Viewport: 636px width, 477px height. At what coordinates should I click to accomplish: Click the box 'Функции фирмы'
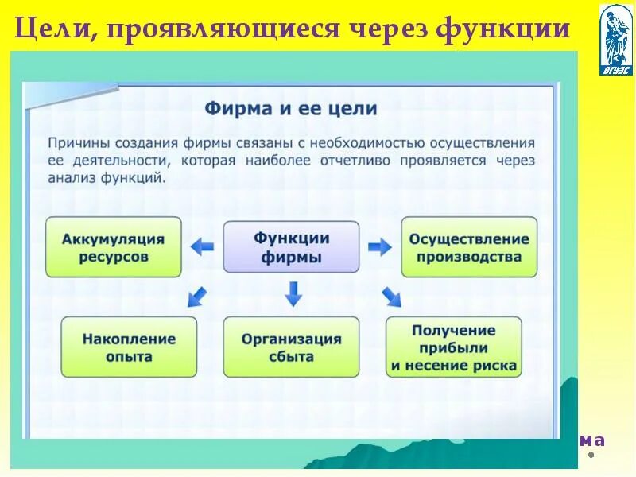291,248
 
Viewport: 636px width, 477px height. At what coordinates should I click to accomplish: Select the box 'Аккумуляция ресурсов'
113,248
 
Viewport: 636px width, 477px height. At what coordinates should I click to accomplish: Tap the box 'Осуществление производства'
468,248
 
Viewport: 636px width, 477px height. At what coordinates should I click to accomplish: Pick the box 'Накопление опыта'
129,347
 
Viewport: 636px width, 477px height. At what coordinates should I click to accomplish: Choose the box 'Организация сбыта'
291,347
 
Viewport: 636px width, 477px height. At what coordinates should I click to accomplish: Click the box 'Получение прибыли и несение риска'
454,347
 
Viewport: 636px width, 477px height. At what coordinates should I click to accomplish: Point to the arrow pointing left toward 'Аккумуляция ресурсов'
202,246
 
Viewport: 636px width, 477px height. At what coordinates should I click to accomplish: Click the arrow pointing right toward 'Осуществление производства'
380,246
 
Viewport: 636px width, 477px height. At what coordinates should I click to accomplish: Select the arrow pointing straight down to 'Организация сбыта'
293,294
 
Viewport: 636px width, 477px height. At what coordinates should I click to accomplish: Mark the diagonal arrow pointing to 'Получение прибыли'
391,297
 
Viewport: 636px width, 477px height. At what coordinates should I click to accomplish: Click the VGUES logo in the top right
616,38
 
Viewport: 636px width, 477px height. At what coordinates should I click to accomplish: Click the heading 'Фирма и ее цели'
291,108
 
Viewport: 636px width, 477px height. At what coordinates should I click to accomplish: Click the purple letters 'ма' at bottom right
591,440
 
